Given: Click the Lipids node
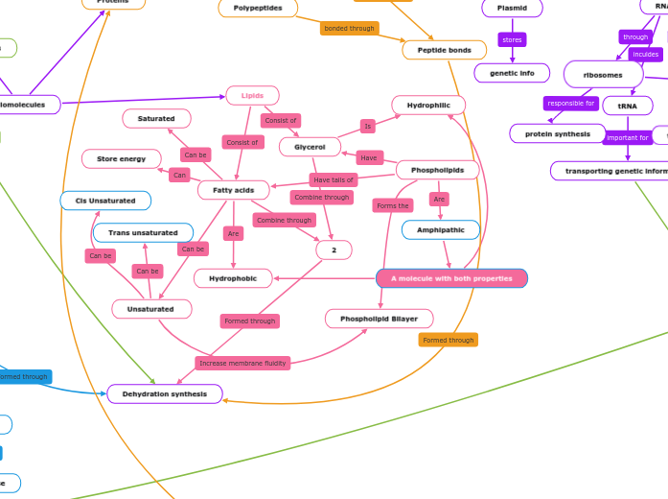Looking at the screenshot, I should click(x=252, y=96).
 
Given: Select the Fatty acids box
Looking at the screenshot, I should click(x=233, y=190).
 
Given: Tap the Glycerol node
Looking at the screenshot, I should click(x=310, y=147).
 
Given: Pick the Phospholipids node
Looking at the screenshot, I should click(x=437, y=170).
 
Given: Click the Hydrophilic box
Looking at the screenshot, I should click(x=428, y=105).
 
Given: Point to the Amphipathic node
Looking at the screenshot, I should click(x=440, y=230).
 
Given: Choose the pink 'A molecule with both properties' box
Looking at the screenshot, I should click(x=451, y=278).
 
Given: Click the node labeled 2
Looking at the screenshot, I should click(x=334, y=250).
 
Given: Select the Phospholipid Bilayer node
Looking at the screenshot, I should click(x=379, y=319).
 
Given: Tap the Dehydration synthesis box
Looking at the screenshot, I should click(x=165, y=393).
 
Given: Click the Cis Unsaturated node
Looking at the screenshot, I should click(x=104, y=201).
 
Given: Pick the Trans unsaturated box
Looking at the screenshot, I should click(x=143, y=233).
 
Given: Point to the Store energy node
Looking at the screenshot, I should click(x=122, y=158).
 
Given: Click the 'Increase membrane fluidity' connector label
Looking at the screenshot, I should click(x=242, y=363).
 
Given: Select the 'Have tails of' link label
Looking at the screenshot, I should click(x=334, y=179).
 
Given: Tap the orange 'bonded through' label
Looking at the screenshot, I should click(x=349, y=29).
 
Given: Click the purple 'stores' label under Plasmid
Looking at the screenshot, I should click(x=512, y=40).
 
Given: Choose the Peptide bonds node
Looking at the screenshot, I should click(x=444, y=50).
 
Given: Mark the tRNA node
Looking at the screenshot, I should click(x=627, y=106).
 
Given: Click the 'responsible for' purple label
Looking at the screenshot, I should click(x=571, y=104).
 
